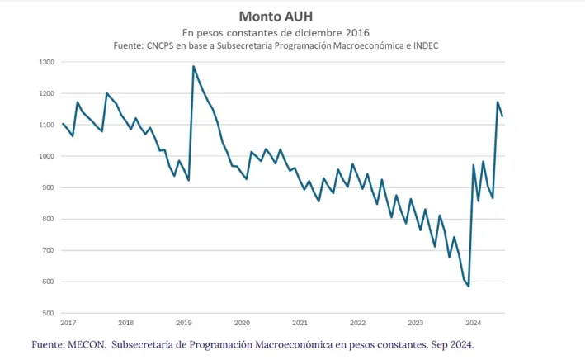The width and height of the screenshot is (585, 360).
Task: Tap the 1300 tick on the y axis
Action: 46,63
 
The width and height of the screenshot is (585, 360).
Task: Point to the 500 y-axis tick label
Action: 49,314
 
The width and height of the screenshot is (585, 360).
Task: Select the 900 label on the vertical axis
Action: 49,188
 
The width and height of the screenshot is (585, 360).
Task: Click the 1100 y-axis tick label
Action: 46,126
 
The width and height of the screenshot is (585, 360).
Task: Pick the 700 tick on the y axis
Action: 49,251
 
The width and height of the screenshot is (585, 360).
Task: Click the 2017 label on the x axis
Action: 68,323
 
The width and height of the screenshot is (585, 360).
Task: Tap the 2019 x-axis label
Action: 184,323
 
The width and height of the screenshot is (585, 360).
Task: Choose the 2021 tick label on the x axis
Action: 300,323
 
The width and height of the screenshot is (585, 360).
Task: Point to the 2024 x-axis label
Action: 474,323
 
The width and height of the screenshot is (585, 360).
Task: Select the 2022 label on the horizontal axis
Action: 358,323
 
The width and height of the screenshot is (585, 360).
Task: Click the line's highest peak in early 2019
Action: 193,66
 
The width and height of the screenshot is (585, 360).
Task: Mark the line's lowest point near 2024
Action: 469,287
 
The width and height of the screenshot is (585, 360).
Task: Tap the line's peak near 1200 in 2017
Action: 106,93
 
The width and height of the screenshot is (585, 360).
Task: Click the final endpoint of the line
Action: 503,116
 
